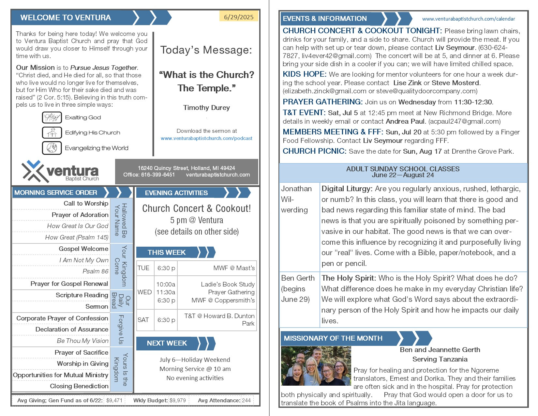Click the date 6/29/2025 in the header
pyautogui.click(x=239, y=17)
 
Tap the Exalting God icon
pyautogui.click(x=52, y=117)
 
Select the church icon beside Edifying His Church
pyautogui.click(x=52, y=132)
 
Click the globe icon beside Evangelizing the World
pyautogui.click(x=52, y=148)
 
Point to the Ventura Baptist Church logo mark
pyautogui.click(x=33, y=171)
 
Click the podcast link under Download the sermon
pyautogui.click(x=206, y=138)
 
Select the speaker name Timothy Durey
pyautogui.click(x=206, y=108)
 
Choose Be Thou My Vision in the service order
pyautogui.click(x=82, y=341)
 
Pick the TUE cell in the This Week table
pyautogui.click(x=143, y=268)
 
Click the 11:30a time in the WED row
pyautogui.click(x=166, y=292)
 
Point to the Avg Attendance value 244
pyautogui.click(x=246, y=400)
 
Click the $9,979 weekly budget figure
pyautogui.click(x=178, y=400)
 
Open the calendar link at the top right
pyautogui.click(x=469, y=19)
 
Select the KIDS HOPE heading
pyautogui.click(x=304, y=74)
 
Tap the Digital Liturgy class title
pyautogui.click(x=347, y=189)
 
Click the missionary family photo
pyautogui.click(x=316, y=366)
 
